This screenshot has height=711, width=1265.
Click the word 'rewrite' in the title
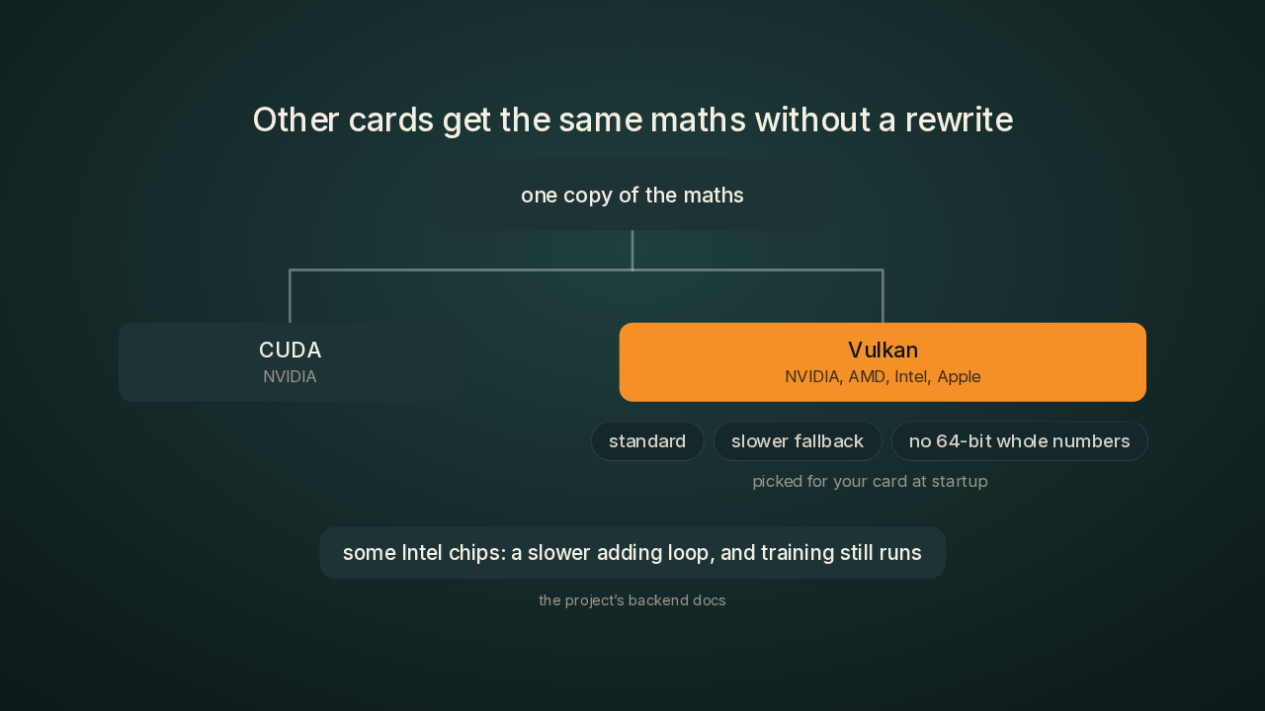click(x=959, y=119)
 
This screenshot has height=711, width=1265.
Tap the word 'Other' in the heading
click(x=295, y=119)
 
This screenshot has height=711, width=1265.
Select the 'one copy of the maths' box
click(x=632, y=196)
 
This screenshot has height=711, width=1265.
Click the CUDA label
click(x=290, y=350)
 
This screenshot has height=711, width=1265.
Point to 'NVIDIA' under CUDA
click(x=290, y=376)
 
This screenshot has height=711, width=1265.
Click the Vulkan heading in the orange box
click(x=883, y=350)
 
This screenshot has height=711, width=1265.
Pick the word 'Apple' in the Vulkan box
click(x=959, y=376)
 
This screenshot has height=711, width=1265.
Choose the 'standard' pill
click(x=647, y=441)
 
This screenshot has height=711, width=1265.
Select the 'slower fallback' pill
click(x=798, y=441)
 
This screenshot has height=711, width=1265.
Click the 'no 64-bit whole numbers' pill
click(x=1019, y=441)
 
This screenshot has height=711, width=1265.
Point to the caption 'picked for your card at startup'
click(x=870, y=481)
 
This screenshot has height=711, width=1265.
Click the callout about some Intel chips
click(x=632, y=552)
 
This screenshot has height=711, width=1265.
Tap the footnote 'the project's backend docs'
click(x=632, y=599)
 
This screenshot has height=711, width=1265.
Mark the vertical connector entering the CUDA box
click(x=290, y=296)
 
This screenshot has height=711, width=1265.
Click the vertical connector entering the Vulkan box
click(x=883, y=296)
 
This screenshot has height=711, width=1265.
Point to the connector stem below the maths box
click(x=632, y=250)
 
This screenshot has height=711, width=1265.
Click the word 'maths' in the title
click(x=698, y=119)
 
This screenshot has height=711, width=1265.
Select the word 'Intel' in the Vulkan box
click(x=911, y=376)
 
